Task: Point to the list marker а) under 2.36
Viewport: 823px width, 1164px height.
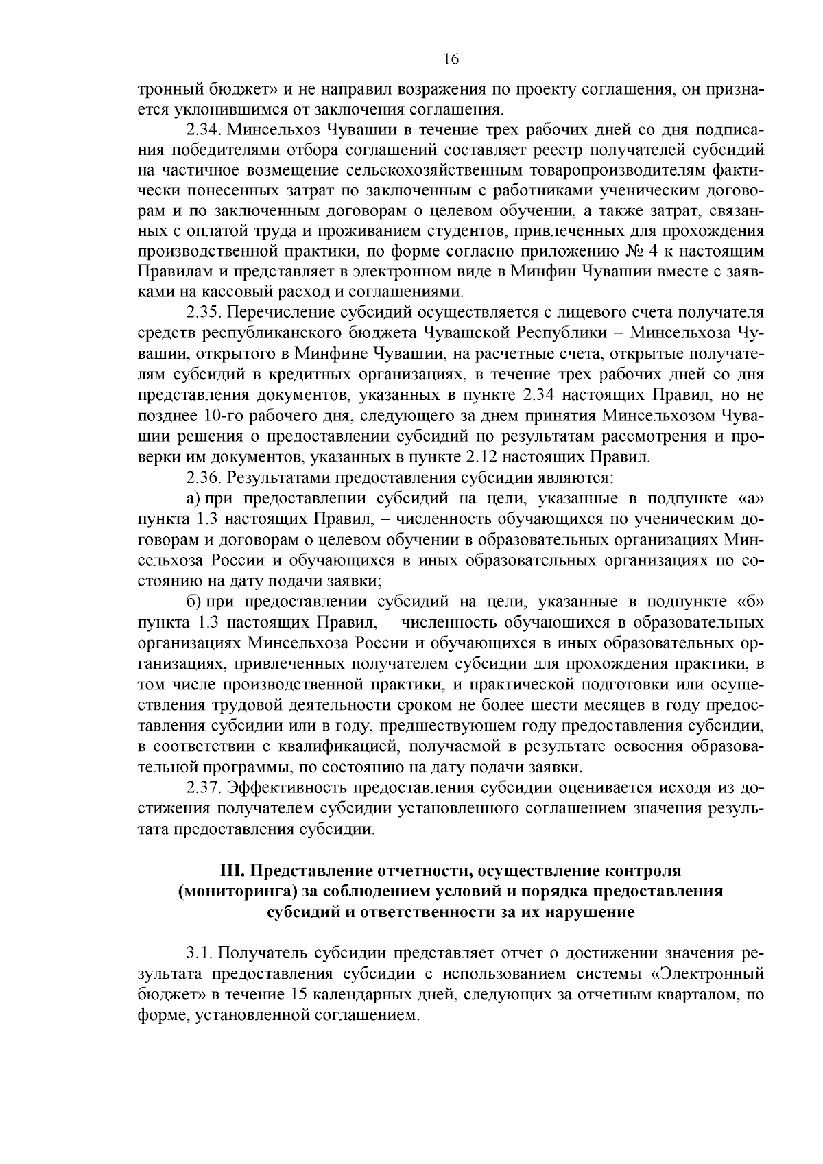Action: coord(193,498)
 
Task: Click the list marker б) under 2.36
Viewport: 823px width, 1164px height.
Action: coord(193,602)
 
